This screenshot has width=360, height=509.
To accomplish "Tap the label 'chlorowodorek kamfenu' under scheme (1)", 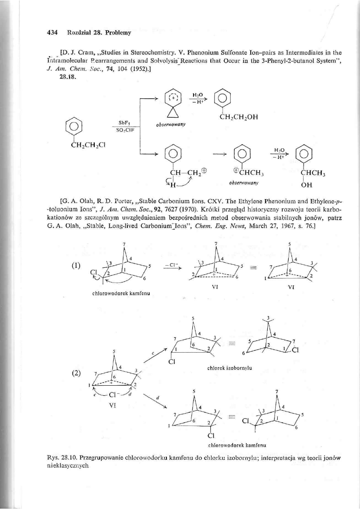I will pos(116,293).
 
